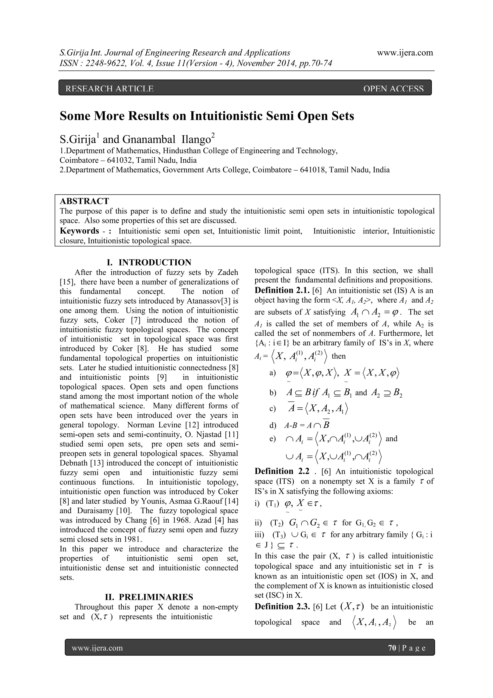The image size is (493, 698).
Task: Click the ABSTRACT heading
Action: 84,201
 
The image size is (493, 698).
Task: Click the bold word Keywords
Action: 79,231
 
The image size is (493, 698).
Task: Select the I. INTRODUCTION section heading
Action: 149,262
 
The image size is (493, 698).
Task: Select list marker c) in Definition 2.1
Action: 272,409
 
